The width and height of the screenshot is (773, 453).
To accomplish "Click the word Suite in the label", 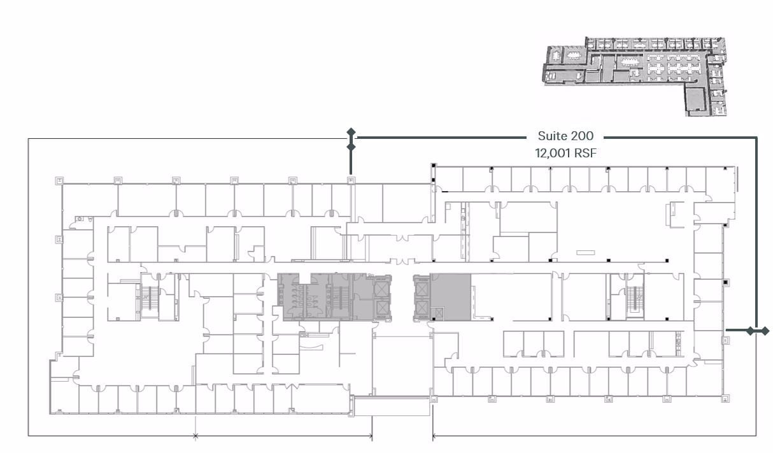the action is click(x=551, y=136).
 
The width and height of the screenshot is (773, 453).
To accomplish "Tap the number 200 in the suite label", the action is click(x=581, y=136).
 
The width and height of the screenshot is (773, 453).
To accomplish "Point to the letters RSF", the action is click(x=586, y=153).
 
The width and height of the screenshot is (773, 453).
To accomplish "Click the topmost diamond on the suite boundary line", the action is click(x=351, y=132).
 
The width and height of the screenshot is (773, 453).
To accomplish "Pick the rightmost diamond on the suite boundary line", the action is click(x=765, y=331).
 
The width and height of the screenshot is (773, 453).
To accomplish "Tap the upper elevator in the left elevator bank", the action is click(x=381, y=289).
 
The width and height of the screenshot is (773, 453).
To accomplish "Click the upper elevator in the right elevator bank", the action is click(x=422, y=289).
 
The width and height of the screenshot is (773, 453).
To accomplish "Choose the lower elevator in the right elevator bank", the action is click(x=422, y=308).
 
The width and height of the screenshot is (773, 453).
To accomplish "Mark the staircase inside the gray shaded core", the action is click(x=340, y=298).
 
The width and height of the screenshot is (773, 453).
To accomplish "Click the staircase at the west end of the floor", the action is click(x=150, y=298).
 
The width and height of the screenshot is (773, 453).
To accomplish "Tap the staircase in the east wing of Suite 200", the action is click(x=635, y=298).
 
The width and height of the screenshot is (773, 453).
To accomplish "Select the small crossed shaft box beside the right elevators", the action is click(x=439, y=313).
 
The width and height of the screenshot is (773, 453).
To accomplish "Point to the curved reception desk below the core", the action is click(x=311, y=347).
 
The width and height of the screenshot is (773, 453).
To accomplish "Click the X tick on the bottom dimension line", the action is click(x=195, y=436).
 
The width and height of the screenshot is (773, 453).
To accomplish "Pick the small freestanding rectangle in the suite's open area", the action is click(x=586, y=253).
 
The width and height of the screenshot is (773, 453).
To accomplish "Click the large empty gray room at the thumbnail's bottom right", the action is click(x=695, y=99).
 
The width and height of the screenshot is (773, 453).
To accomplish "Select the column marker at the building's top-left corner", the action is click(x=59, y=180).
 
